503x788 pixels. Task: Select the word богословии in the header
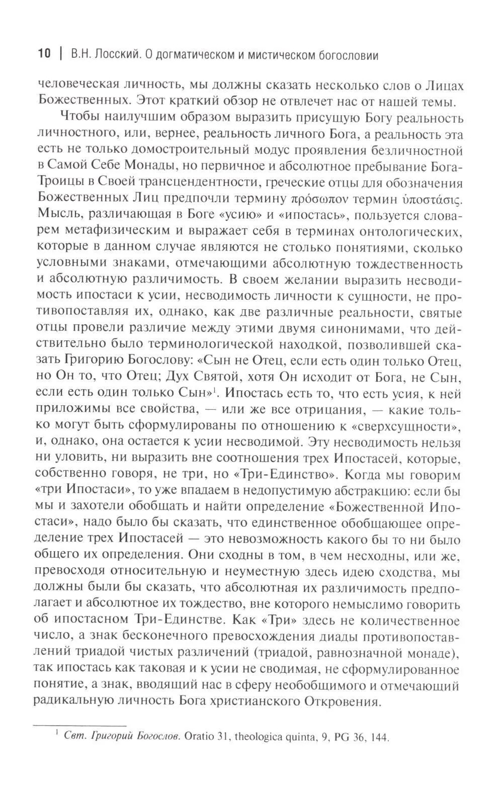tap(349, 54)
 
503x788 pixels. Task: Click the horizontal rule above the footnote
tap(79, 726)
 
